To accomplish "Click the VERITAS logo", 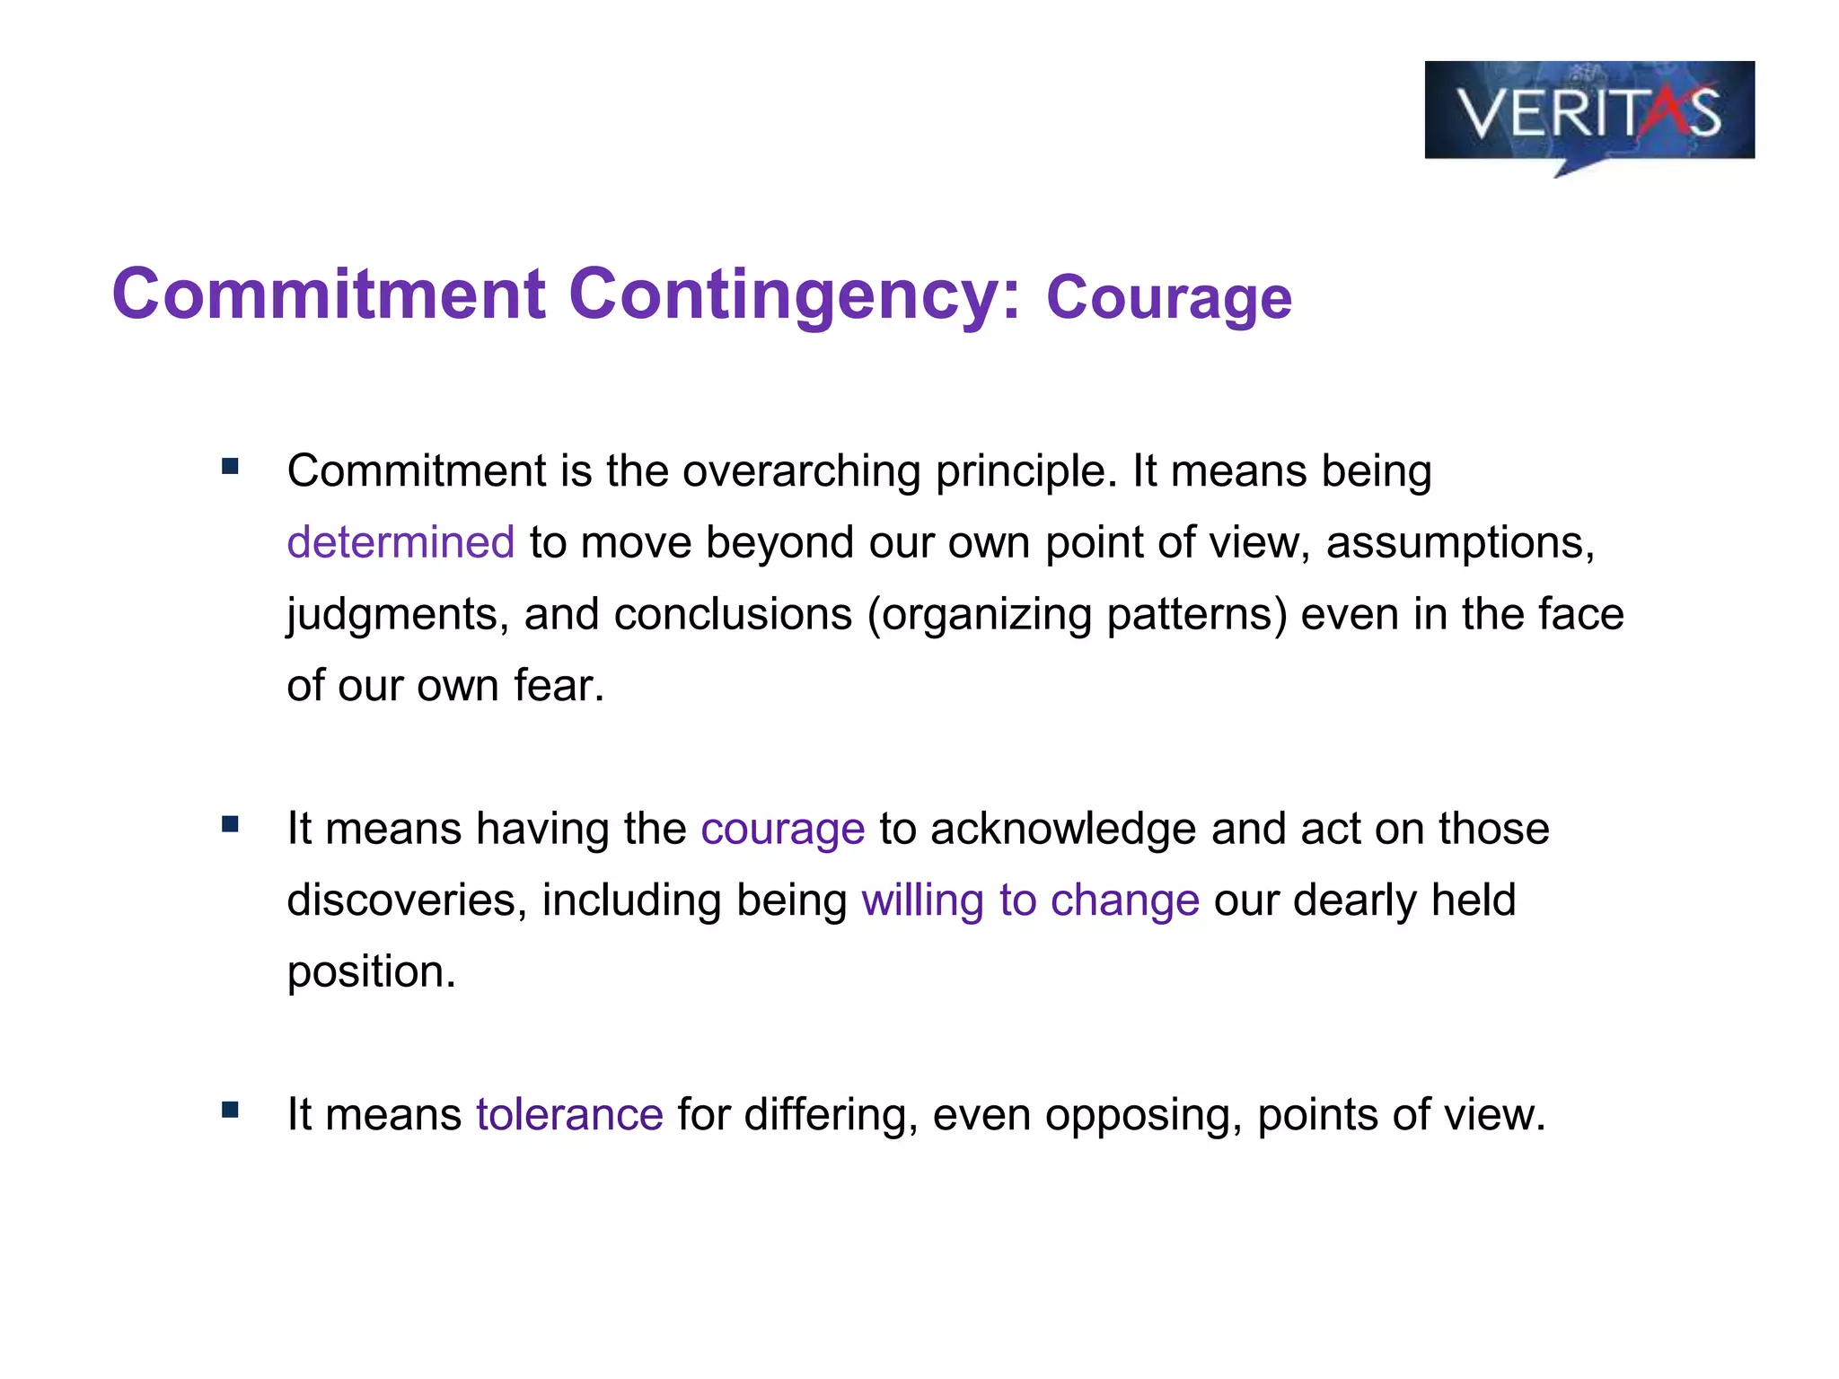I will click(x=1588, y=112).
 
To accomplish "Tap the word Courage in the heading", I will click(x=1168, y=298).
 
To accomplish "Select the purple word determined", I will click(x=400, y=543).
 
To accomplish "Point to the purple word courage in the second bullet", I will click(x=782, y=829).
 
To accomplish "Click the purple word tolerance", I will click(x=569, y=1115).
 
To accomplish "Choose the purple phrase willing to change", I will click(x=1030, y=900).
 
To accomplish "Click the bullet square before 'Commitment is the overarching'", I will click(x=231, y=466).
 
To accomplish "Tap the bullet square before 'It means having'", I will click(x=231, y=823).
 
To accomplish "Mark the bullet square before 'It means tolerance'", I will click(x=231, y=1110).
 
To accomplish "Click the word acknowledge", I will click(x=1063, y=829).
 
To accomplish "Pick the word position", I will click(x=371, y=972).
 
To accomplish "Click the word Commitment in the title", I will click(x=329, y=294).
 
